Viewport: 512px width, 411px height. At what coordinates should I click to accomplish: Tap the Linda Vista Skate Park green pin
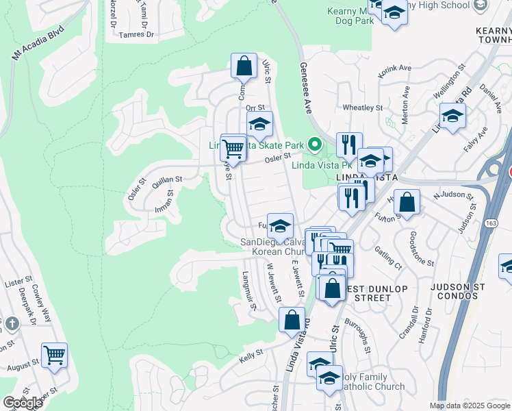coord(315,145)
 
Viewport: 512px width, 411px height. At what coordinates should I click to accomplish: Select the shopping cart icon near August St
coord(54,356)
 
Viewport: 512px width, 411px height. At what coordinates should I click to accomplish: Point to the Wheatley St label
coord(362,108)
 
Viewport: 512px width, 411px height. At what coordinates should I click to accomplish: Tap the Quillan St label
coord(167,179)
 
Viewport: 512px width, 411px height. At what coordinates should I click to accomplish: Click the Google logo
coord(23,403)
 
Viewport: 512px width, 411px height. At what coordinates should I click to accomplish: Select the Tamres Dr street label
coord(136,34)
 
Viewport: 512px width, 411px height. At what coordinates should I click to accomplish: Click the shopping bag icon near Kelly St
coord(292,320)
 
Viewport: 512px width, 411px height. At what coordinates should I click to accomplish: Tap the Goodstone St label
coord(422,249)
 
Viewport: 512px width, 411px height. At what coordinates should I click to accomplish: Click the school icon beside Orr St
coord(259,125)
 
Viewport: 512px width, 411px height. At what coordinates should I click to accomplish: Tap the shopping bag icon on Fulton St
coord(407,203)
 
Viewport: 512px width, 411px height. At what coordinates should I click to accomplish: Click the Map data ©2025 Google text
coord(470,406)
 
